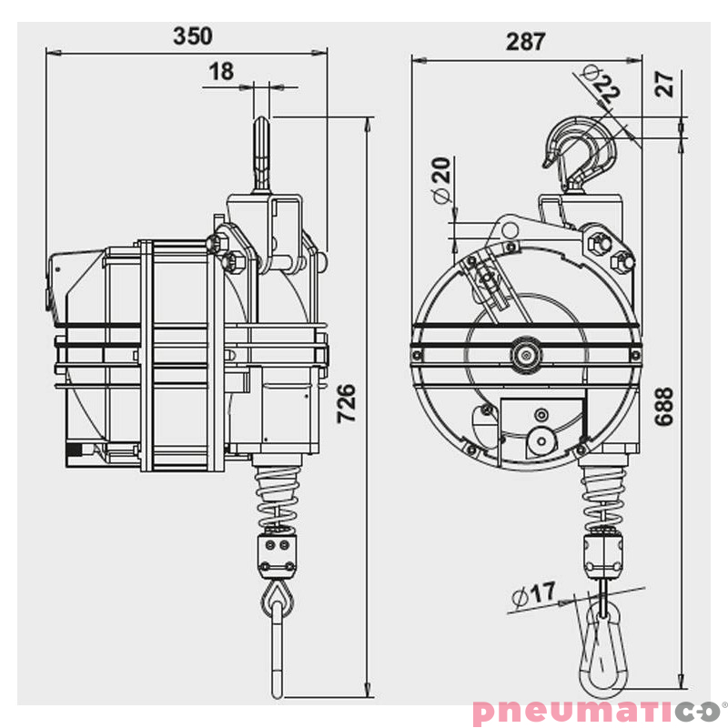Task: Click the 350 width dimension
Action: pyautogui.click(x=193, y=36)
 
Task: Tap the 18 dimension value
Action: pyautogui.click(x=221, y=72)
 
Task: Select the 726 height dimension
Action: pyautogui.click(x=347, y=403)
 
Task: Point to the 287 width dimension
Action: pyautogui.click(x=525, y=42)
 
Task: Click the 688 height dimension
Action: pyautogui.click(x=664, y=407)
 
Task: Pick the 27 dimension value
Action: pyautogui.click(x=664, y=84)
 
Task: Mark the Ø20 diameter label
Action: pyautogui.click(x=441, y=180)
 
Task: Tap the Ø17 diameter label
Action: pyautogui.click(x=533, y=594)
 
